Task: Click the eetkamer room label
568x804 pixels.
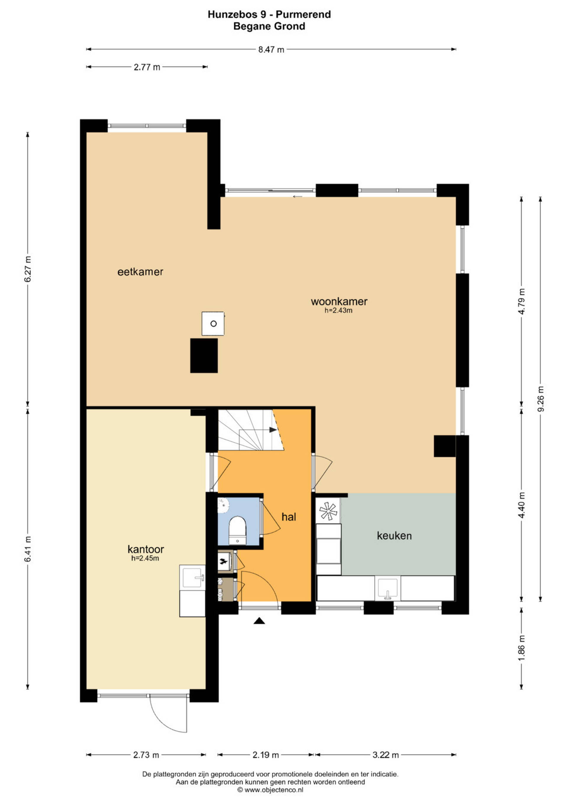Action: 140,272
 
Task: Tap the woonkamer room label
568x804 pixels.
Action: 339,301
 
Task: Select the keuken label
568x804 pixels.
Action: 394,536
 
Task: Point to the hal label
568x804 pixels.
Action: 289,517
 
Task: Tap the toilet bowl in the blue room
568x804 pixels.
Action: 238,530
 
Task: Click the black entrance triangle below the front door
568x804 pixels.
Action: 259,621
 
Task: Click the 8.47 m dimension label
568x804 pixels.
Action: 271,50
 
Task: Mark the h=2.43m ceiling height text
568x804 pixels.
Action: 338,310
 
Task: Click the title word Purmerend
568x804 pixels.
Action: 303,14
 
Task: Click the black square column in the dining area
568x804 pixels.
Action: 204,355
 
